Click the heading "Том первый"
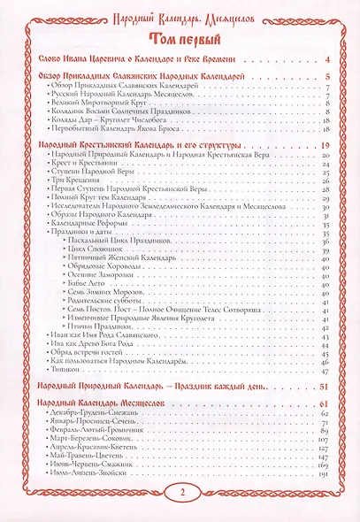tap(180, 37)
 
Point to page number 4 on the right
tap(327, 59)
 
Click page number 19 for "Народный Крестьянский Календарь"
tap(325, 145)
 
